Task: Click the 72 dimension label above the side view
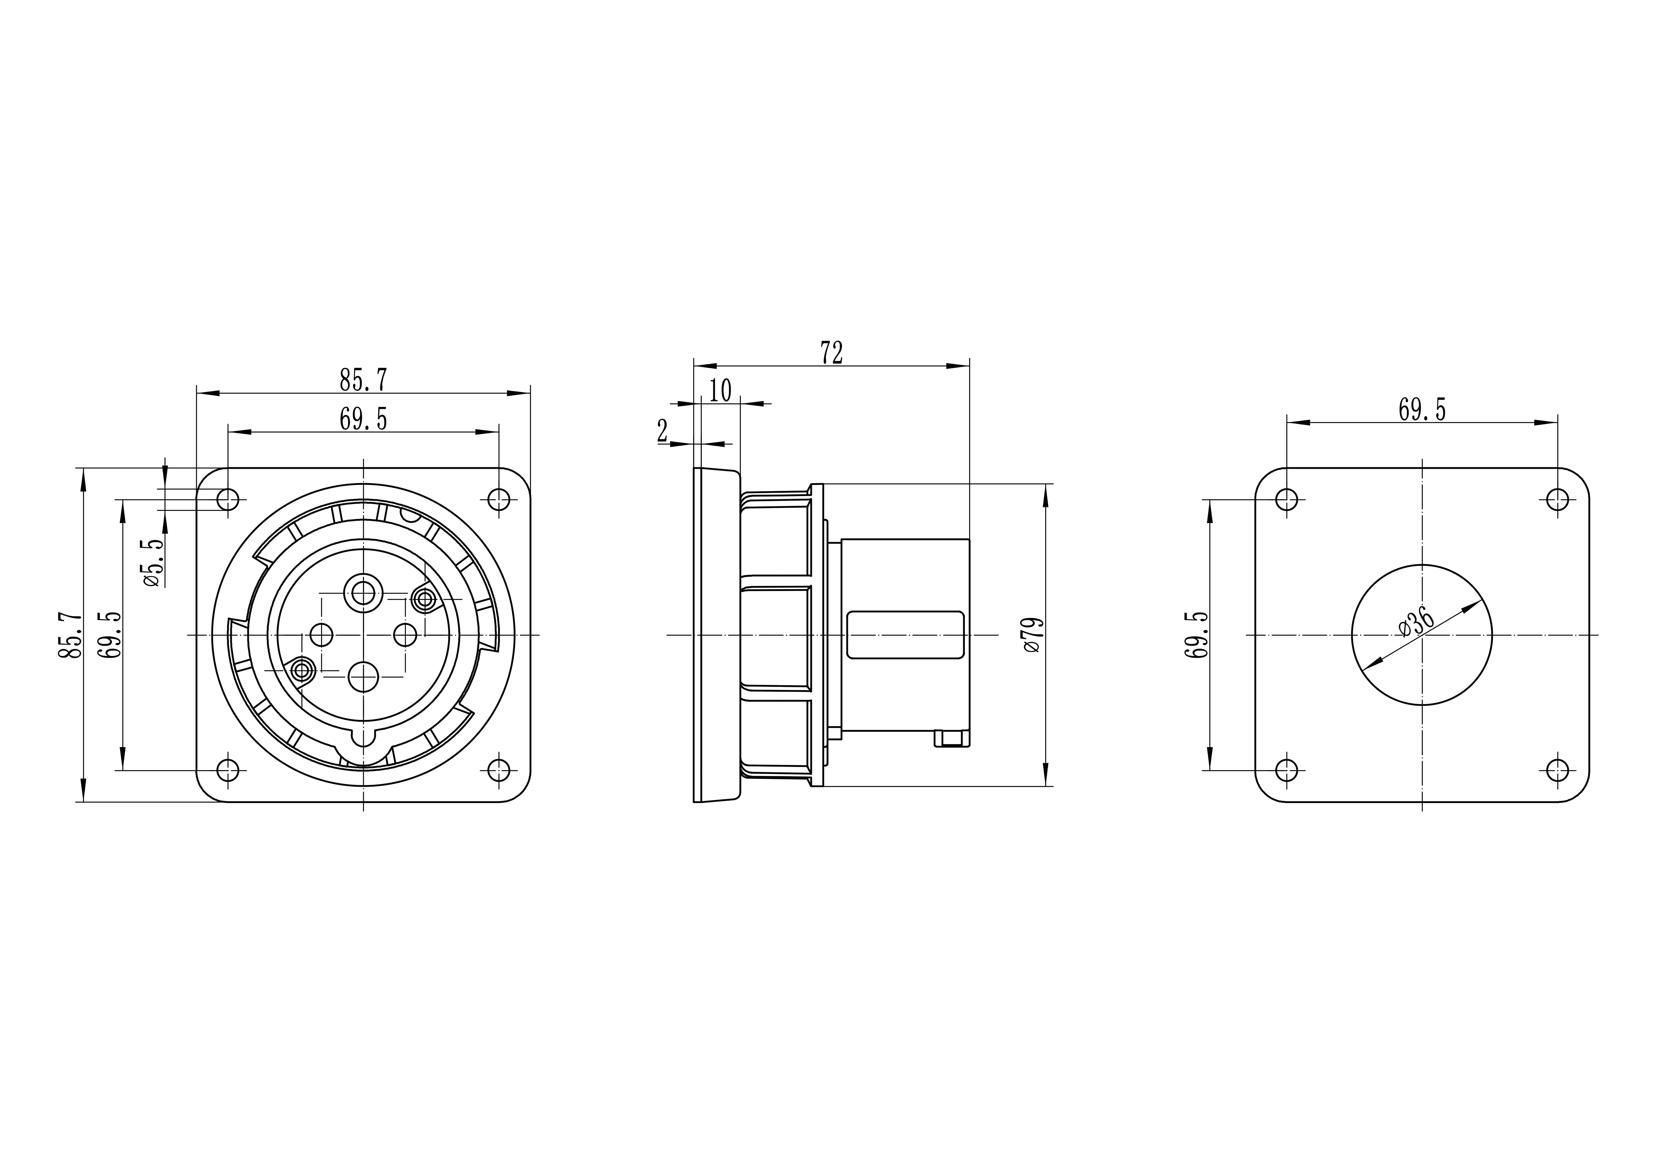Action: [x=831, y=353]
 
